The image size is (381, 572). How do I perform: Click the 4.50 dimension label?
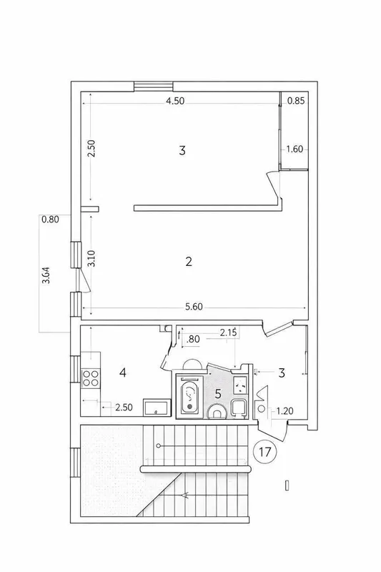click(175, 101)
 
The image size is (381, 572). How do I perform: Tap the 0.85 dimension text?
click(296, 101)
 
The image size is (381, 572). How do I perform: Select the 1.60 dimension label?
click(295, 149)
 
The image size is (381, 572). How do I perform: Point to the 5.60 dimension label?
click(194, 307)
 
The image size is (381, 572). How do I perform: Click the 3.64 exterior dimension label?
click(46, 275)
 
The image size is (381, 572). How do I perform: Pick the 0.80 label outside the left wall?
click(50, 220)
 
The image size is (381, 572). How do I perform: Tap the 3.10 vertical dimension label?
click(91, 258)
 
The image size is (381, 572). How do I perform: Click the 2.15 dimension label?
click(228, 332)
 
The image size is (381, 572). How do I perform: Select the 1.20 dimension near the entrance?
click(284, 411)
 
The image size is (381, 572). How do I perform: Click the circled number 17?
click(265, 452)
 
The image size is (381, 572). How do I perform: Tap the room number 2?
click(189, 262)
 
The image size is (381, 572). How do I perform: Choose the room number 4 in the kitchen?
click(123, 373)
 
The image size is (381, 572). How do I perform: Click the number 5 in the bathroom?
click(218, 394)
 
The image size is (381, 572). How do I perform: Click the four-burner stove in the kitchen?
click(91, 378)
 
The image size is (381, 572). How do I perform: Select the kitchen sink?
click(157, 407)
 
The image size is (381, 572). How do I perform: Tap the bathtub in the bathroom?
click(189, 396)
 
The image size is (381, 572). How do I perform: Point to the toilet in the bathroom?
click(217, 412)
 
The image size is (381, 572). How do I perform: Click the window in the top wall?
click(153, 87)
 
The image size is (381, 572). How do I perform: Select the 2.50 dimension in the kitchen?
click(124, 407)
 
